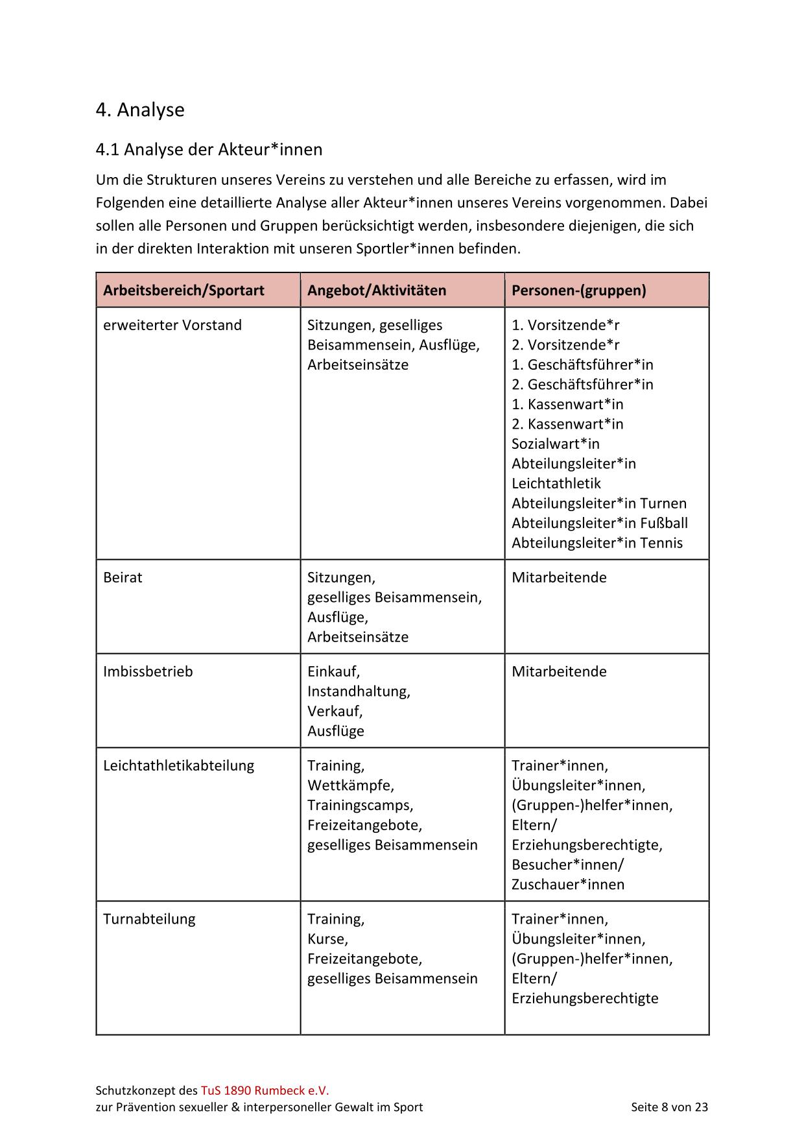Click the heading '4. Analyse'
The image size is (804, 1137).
click(x=140, y=110)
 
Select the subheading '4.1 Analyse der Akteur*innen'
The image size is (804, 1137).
click(x=209, y=150)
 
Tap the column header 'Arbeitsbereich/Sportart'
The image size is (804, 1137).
click(x=183, y=290)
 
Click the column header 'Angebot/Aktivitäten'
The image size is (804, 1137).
click(x=377, y=290)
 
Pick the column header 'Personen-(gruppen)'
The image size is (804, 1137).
click(x=578, y=290)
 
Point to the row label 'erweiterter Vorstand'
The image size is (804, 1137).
click(x=172, y=325)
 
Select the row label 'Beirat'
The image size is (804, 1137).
click(x=123, y=577)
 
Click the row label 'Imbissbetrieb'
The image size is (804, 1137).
click(x=148, y=671)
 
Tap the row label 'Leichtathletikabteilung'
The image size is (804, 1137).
click(x=178, y=765)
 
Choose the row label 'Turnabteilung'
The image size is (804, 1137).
click(x=149, y=919)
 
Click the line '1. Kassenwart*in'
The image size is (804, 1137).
click(x=567, y=404)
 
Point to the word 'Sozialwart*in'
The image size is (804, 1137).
click(x=556, y=444)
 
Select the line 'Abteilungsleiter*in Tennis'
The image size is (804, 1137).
click(x=597, y=543)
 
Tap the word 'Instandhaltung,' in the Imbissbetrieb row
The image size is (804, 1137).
click(x=359, y=691)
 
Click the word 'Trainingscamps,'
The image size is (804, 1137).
click(x=360, y=806)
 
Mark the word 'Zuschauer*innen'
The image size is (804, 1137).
click(x=568, y=885)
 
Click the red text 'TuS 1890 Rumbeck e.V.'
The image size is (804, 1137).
click(x=265, y=1090)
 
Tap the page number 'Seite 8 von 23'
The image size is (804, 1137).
click(x=669, y=1107)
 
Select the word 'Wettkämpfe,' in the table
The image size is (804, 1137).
click(x=351, y=785)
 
